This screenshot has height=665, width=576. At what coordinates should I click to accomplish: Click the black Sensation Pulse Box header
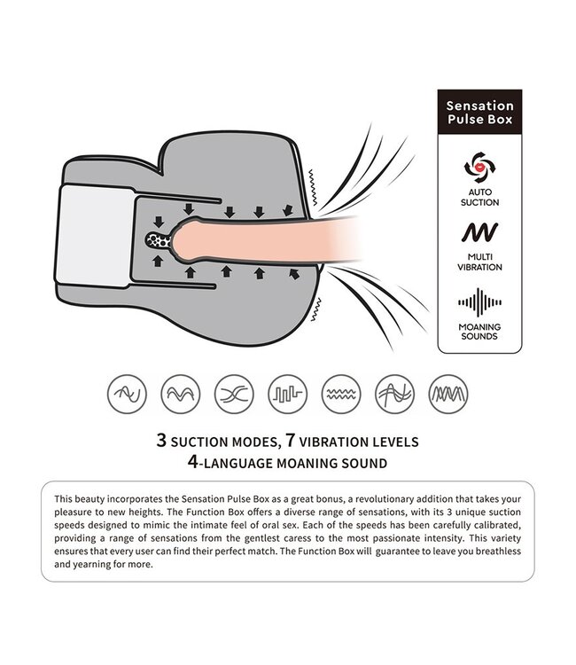tap(479, 112)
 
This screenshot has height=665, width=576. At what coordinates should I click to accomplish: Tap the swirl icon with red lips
tap(479, 167)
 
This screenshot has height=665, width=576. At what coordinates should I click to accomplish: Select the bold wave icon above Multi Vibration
tap(479, 232)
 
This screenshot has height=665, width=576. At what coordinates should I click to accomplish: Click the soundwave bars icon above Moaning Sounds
tap(479, 302)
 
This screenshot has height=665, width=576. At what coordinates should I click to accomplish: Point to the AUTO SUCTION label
tap(479, 197)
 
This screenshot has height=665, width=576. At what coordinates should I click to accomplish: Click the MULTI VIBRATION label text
tap(479, 262)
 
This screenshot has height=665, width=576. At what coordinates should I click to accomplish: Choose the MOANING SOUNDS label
tap(479, 332)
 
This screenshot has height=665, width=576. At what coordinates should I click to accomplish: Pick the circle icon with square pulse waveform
tap(287, 394)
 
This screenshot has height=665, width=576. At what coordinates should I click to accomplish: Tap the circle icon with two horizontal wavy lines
tap(341, 394)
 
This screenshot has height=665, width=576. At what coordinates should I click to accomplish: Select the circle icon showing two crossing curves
tap(234, 394)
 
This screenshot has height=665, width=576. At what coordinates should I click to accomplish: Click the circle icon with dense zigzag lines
tap(448, 394)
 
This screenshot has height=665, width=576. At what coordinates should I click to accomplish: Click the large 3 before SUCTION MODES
tap(161, 440)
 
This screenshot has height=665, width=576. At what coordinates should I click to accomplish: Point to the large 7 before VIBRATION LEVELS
tap(290, 440)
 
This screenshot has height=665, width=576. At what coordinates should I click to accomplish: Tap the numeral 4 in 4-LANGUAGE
tap(193, 461)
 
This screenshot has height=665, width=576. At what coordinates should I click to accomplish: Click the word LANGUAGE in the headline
tap(238, 463)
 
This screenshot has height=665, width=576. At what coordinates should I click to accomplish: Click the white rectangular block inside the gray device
tap(96, 236)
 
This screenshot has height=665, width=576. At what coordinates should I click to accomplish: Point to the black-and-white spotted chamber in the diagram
tap(159, 240)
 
